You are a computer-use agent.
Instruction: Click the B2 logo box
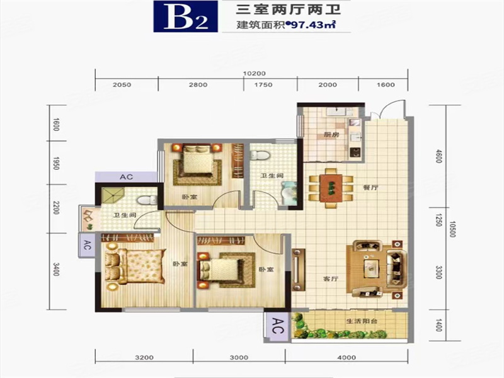coord(185,16)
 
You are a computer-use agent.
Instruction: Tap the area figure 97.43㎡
coord(313,25)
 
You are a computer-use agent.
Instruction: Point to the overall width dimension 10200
coord(254,73)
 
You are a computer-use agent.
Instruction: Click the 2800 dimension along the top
coord(198,85)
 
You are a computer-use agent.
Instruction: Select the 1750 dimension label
coord(263,85)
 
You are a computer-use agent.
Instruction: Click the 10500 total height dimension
coord(452,229)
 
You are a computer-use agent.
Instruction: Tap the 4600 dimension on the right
coord(438,156)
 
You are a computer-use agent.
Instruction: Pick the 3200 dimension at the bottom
coord(144,357)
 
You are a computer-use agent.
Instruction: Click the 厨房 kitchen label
coord(331,135)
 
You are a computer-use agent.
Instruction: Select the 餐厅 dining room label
coord(370,187)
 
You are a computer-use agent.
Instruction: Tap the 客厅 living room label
coord(331,278)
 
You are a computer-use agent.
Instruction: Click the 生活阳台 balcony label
coord(362,321)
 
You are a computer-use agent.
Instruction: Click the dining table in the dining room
coord(331,188)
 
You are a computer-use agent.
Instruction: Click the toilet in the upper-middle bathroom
coord(260,155)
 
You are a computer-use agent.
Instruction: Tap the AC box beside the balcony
coord(277,326)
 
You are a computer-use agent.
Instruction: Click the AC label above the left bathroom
coord(127,177)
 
